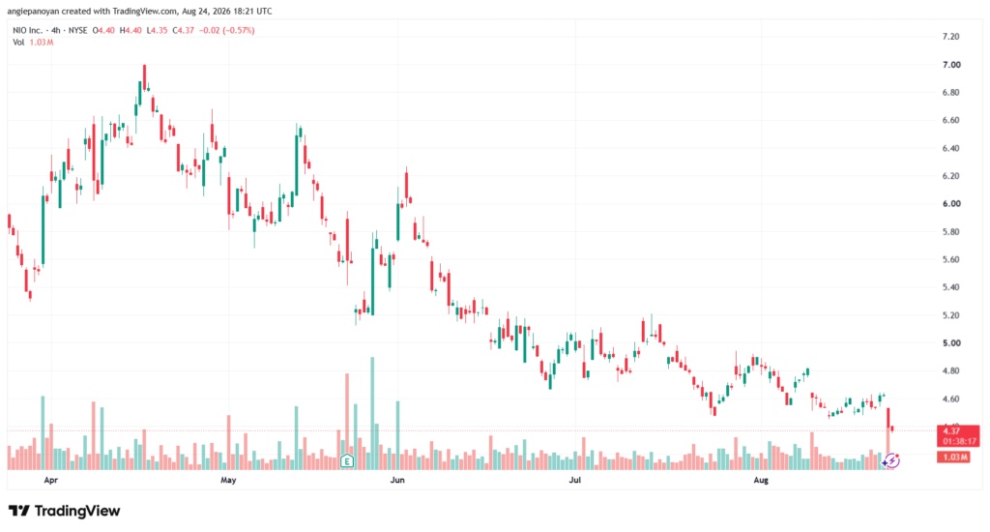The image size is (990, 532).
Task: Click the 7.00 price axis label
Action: pos(951,65)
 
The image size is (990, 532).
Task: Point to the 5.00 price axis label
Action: pos(951,343)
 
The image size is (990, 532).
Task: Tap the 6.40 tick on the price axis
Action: pos(951,149)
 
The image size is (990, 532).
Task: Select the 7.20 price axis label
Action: pos(951,37)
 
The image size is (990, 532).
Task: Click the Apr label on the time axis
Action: pos(51,480)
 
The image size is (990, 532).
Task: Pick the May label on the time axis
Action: pos(228,480)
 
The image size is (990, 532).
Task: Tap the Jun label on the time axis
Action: pos(397,480)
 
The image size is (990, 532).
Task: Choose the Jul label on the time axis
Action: pos(575,480)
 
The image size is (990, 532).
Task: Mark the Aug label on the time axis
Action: pos(762,480)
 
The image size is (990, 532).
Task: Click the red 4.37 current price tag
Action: pos(951,430)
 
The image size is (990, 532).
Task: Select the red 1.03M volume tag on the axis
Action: pos(953,457)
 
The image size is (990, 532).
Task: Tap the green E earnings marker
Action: pos(347,461)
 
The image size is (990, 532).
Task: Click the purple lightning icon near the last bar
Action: pos(891,460)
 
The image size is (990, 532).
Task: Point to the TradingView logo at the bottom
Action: pos(65,511)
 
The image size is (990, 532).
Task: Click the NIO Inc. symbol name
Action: pos(28,30)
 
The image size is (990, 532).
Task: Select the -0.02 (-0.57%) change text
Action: pos(226,30)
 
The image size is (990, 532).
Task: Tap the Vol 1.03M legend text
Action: pos(33,43)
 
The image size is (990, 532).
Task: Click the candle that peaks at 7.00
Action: pos(145,77)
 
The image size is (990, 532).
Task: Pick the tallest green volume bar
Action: pos(372,413)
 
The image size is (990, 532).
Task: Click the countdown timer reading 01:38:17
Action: pos(960,442)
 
